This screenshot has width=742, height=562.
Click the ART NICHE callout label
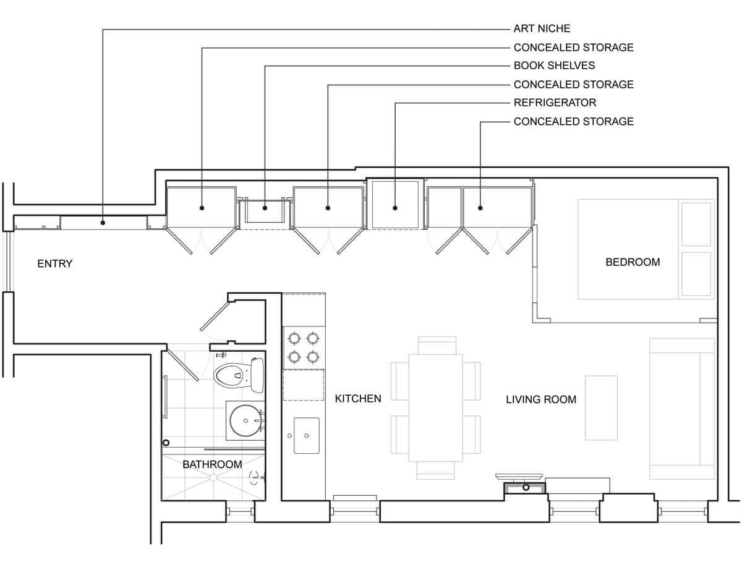click(x=542, y=28)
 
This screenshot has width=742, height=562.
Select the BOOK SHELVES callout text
click(x=554, y=66)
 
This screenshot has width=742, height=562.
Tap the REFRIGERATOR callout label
click(x=555, y=103)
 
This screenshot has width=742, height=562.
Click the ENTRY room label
click(x=55, y=264)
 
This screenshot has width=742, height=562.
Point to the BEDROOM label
click(x=632, y=262)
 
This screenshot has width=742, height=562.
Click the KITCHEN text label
click(x=358, y=399)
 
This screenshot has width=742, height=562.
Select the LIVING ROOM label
click(x=541, y=399)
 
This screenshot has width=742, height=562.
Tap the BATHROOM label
click(x=212, y=464)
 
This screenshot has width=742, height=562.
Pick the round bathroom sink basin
click(x=245, y=420)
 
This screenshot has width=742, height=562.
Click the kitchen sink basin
click(x=306, y=435)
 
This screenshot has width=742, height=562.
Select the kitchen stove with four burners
click(x=304, y=347)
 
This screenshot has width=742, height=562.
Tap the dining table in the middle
click(x=435, y=407)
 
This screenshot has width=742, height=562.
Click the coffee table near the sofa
click(x=601, y=407)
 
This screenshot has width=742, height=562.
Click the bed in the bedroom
click(x=645, y=249)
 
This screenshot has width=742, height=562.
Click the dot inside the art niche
click(x=103, y=223)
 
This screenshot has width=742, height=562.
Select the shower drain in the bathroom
click(x=213, y=477)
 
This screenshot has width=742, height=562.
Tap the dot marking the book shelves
click(x=265, y=208)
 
